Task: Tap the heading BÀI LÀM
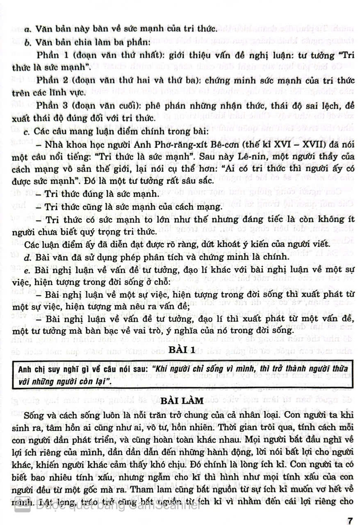pos(180,400)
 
